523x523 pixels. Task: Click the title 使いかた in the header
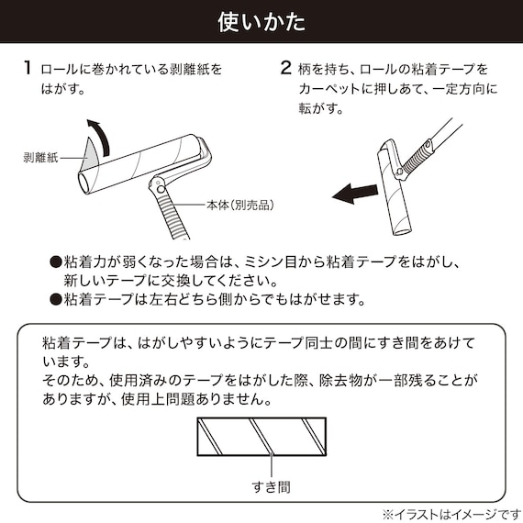[x=261, y=20]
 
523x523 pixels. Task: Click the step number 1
[x=29, y=69]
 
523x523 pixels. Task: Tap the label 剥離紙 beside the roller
[x=40, y=157]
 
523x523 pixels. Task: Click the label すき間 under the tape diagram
[x=261, y=485]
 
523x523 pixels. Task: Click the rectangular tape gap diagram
[x=261, y=435]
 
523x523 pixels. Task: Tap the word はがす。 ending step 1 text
[x=66, y=89]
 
